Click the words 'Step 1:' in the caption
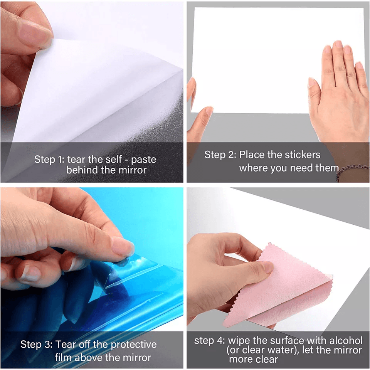49,159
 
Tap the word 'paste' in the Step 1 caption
143,160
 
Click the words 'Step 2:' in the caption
220,155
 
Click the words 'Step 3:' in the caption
37,344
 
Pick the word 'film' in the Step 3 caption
63,358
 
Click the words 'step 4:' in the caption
210,341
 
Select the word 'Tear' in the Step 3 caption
66,344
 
